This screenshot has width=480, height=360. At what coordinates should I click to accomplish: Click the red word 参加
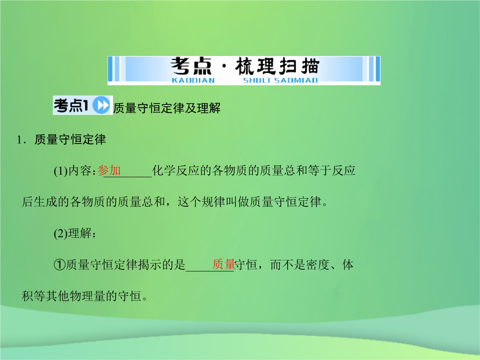click(109, 171)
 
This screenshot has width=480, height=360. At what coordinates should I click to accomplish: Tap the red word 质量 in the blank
click(224, 264)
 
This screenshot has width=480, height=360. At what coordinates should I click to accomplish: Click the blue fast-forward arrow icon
click(101, 105)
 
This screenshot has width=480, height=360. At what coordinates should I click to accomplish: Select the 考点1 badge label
click(71, 106)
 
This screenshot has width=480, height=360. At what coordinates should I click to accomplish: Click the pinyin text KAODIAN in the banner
click(193, 80)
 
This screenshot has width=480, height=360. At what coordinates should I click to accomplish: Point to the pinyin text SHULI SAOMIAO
click(280, 80)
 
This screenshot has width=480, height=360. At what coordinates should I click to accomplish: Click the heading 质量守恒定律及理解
click(167, 108)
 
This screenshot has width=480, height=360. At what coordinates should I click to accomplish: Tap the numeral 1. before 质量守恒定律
click(21, 140)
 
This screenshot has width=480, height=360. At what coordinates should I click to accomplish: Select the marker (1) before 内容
click(60, 171)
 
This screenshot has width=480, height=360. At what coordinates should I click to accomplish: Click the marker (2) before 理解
click(60, 234)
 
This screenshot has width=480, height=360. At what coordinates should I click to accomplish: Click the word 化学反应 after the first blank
click(176, 171)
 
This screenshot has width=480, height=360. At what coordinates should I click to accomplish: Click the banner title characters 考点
click(191, 66)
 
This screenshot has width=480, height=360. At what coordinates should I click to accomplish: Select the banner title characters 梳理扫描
click(277, 66)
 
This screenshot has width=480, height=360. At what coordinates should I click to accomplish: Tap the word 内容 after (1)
click(80, 171)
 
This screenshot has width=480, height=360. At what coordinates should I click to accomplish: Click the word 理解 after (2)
click(80, 233)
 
